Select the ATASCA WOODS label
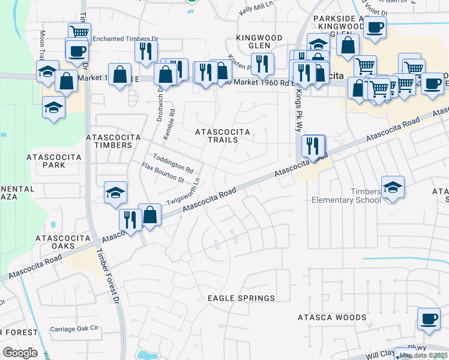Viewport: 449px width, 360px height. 332,317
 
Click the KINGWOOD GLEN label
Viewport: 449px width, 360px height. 259,42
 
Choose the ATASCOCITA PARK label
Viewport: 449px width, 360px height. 54,160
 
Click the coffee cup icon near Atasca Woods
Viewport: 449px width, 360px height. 428,319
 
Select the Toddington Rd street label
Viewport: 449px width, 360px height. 172,163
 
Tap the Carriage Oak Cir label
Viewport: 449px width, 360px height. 73,329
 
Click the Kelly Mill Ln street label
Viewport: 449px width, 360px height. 256,11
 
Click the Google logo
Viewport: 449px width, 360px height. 20,353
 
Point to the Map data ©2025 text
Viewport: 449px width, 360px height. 424,355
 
